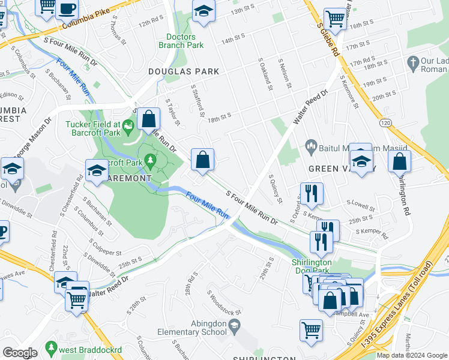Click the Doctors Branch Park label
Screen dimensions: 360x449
(x=181, y=41)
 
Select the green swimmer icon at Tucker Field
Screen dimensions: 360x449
(x=127, y=125)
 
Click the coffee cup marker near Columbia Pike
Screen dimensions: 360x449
(x=67, y=9)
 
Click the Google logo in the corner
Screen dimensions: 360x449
(x=20, y=353)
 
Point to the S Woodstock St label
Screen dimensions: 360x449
(x=224, y=303)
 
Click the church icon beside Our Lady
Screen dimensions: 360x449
(x=412, y=62)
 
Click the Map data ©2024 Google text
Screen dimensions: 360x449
(x=412, y=355)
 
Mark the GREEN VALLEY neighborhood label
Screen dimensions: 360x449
(x=337, y=169)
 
